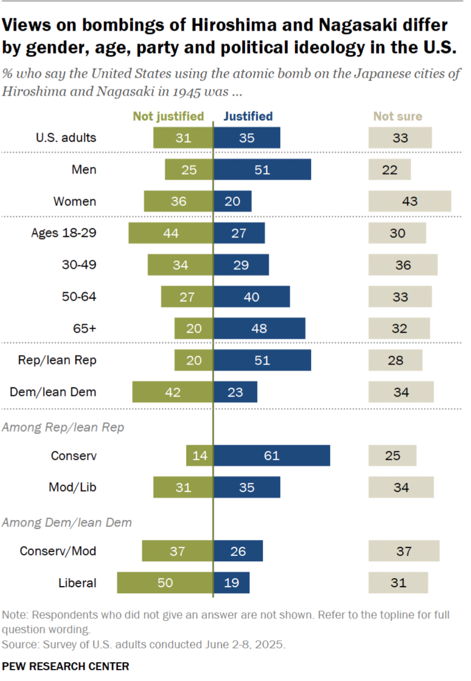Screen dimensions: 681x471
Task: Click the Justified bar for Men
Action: pos(262,170)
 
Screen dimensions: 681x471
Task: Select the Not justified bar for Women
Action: pos(178,201)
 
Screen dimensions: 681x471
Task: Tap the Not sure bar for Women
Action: pos(409,201)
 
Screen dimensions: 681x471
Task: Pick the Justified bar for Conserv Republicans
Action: pos(271,455)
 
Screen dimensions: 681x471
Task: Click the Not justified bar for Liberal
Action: pos(165,582)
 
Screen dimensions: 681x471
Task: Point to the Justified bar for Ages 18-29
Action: pos(239,233)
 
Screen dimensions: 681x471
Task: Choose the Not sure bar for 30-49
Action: pos(403,265)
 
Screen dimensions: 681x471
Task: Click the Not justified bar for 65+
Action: pos(194,328)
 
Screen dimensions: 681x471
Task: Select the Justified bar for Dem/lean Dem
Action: pos(235,392)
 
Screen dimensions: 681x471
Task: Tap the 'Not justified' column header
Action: pos(168,116)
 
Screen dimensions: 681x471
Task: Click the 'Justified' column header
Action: pos(248,116)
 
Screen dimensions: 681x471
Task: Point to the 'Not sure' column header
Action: pos(398,116)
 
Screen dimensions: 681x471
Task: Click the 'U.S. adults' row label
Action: pos(66,138)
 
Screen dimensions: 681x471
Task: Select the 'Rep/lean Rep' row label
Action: pos(57,360)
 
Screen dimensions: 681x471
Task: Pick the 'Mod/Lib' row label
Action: pos(72,487)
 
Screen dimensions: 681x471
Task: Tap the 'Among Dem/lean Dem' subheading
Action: pos(67,522)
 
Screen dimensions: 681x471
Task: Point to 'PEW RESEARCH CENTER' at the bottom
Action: pos(65,667)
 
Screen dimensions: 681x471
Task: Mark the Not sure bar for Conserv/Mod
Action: pos(404,551)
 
